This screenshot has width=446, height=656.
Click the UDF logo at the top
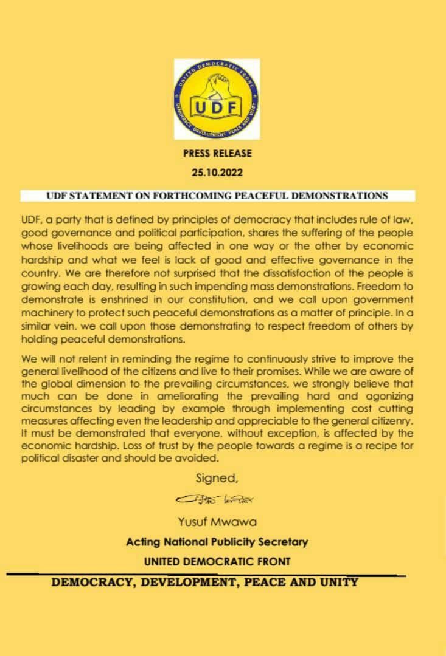click(x=217, y=99)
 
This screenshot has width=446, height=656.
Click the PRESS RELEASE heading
click(x=217, y=154)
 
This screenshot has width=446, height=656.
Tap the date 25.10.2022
click(x=217, y=172)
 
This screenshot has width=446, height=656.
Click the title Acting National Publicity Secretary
click(x=217, y=542)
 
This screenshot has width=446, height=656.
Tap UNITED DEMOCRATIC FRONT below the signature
click(x=217, y=562)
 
